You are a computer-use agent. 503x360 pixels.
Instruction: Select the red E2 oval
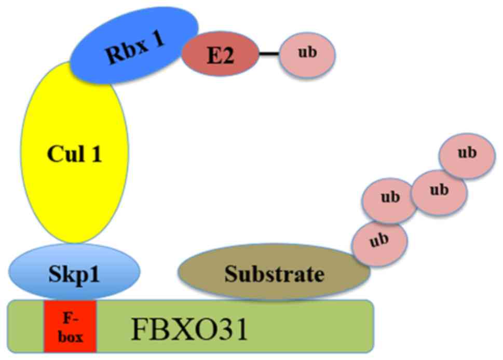tap(220, 55)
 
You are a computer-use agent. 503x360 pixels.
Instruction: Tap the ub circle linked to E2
tap(307, 54)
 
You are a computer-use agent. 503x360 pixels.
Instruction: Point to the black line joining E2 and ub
tap(269, 54)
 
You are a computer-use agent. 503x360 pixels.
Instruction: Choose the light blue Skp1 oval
tap(74, 273)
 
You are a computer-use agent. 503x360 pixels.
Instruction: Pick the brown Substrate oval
tap(274, 273)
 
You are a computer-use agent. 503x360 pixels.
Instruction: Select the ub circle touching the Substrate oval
tap(379, 241)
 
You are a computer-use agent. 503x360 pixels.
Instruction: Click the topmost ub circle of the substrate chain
tap(466, 153)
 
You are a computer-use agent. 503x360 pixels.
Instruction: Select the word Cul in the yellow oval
tap(63, 155)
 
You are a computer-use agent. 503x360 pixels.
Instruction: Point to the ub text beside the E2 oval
tap(307, 54)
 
